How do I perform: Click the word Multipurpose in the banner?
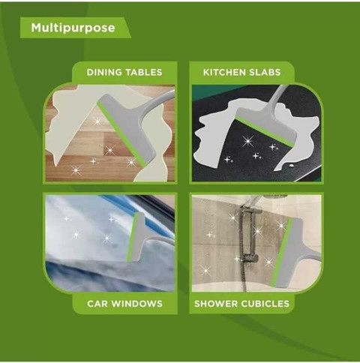coord(73,28)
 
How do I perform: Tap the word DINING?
coord(104,72)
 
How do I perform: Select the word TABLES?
coord(143,72)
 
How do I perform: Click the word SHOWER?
coord(216,304)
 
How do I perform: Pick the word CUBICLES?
coord(265,304)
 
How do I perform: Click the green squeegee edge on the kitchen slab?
coord(264,133)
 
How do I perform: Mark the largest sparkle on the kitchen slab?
coord(247,141)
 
